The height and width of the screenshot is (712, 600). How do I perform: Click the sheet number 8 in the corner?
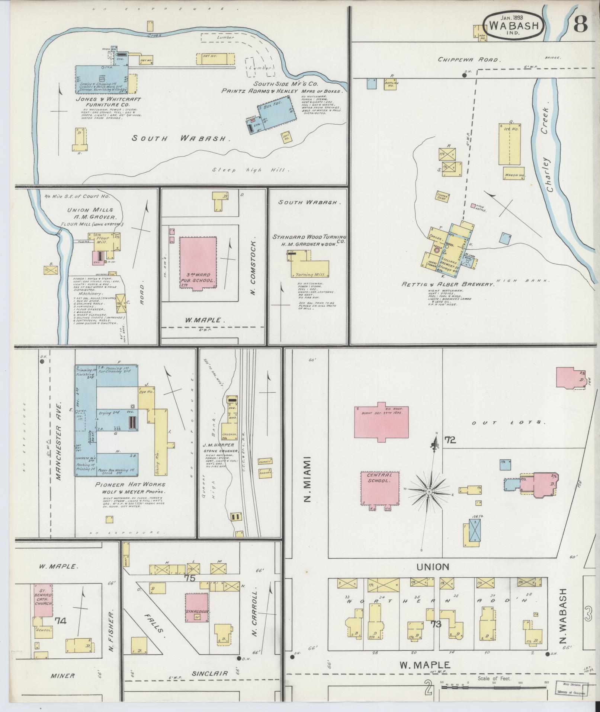580,25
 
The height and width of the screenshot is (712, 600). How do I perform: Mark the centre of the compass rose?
429,492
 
